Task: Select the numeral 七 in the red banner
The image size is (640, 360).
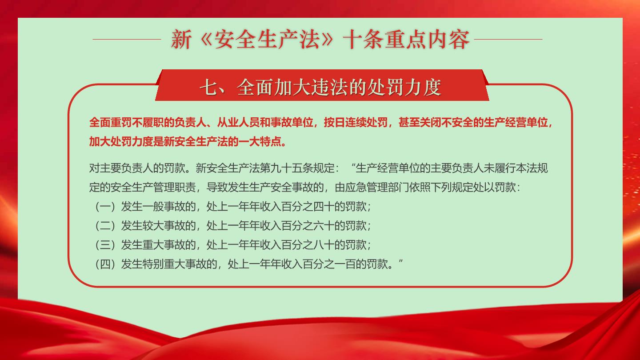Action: pos(209,87)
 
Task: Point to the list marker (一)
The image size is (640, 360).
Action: pos(105,207)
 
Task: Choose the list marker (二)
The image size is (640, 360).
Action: pos(105,226)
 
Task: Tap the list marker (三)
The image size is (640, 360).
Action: pos(105,245)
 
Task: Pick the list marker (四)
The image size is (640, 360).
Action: pos(105,264)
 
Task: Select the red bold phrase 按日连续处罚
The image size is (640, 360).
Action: pos(356,123)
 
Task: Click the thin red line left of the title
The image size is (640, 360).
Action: pos(127,40)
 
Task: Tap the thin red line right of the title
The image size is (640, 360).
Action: pos(508,40)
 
